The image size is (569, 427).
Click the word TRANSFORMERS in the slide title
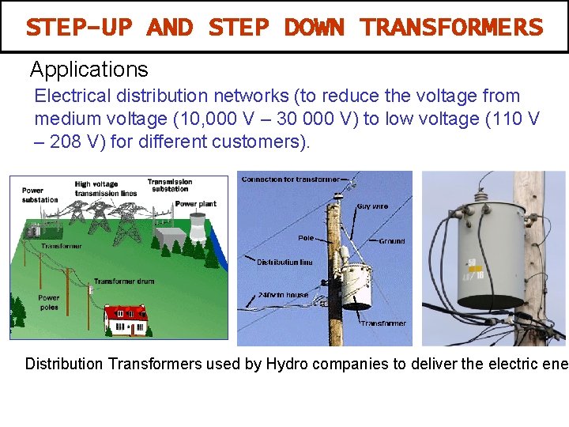point(451,28)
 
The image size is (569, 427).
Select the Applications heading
point(89,70)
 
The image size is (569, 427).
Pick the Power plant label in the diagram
point(195,204)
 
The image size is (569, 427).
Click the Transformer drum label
point(124,282)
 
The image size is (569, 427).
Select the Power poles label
point(48,303)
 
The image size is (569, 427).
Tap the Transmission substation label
point(169,185)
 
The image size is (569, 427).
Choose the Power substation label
point(40,195)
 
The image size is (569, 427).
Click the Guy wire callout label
point(372,206)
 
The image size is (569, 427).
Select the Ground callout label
point(392,240)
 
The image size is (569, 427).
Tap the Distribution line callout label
point(284,262)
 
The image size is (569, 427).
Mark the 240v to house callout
point(284,295)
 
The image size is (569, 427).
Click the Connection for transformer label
point(290,179)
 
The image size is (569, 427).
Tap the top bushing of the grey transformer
point(480,195)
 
